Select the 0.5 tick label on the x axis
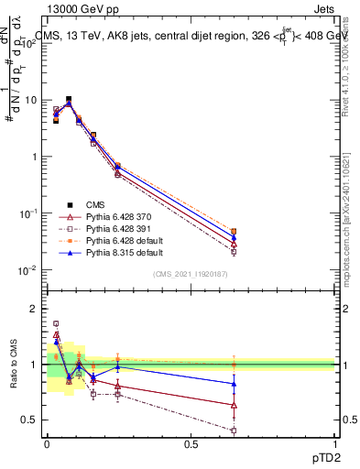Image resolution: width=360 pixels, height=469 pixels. click(x=191, y=443)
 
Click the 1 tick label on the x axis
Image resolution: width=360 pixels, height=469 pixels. click(x=335, y=443)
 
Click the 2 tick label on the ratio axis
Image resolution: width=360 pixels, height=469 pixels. click(x=37, y=309)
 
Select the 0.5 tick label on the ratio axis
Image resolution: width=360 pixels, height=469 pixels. click(x=33, y=420)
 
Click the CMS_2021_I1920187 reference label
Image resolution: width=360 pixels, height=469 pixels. click(x=191, y=275)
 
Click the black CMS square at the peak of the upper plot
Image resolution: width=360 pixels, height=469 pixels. click(x=69, y=99)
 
